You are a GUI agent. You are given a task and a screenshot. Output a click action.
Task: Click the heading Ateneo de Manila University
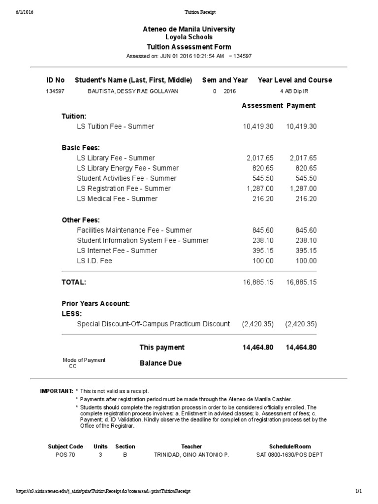[189, 29]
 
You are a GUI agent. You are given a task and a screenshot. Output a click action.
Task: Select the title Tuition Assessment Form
[189, 47]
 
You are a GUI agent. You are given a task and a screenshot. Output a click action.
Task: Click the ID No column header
[55, 80]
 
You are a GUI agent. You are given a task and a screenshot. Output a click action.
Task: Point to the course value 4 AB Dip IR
[294, 92]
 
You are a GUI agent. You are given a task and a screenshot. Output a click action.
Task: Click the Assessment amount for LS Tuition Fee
[258, 126]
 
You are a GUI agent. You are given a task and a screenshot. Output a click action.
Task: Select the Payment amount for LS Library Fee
[303, 158]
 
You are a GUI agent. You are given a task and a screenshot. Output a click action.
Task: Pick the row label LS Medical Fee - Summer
[117, 199]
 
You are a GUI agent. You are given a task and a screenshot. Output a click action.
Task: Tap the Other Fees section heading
[80, 220]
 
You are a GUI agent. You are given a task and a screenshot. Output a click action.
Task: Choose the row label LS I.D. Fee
[94, 261]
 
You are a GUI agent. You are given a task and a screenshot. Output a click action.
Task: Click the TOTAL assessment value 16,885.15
[258, 282]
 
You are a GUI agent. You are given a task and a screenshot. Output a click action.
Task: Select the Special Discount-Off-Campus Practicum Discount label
[153, 324]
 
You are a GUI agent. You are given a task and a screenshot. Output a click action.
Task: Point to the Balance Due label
[160, 363]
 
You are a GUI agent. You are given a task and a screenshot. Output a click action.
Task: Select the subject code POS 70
[65, 455]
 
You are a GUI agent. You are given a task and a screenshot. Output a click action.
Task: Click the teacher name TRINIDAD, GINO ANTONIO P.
[191, 455]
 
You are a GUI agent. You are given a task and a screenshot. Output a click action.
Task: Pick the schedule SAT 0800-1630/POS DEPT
[289, 455]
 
